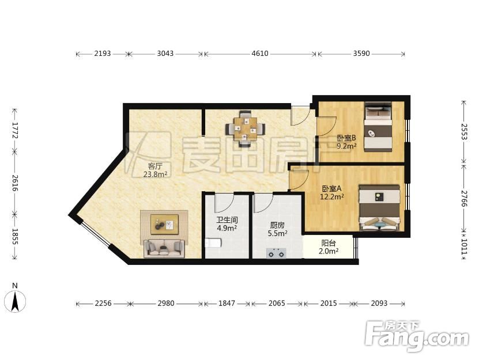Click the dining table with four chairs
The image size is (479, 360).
point(246,128)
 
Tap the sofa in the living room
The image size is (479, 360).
point(164,248)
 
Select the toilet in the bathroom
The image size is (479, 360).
point(213,242)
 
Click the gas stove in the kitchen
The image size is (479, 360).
point(276,253)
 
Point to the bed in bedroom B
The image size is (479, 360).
point(378,127)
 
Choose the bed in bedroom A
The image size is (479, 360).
point(379,208)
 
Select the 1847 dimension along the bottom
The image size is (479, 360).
point(227,303)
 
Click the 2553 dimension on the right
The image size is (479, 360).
point(464,131)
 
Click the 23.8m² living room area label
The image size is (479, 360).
point(155,175)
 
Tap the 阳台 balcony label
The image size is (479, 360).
point(329,243)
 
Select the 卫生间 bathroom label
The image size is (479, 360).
point(227,220)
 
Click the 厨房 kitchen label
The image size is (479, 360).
point(277,225)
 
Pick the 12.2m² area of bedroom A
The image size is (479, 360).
point(332,196)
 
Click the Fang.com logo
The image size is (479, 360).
point(417,336)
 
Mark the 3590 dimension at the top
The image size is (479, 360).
point(361,54)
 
